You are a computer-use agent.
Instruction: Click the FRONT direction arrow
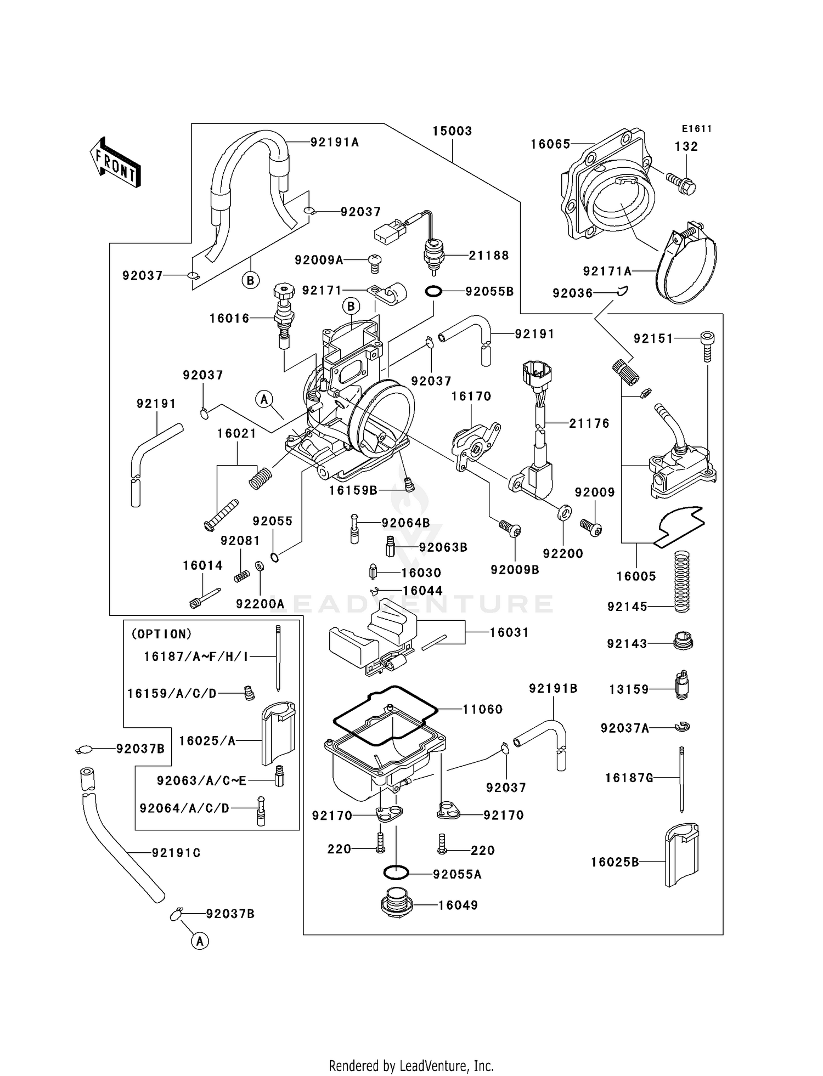point(115,163)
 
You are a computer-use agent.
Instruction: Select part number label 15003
point(452,131)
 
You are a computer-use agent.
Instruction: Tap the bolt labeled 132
point(681,183)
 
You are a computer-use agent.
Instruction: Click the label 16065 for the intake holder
point(550,144)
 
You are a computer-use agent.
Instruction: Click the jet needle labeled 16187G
point(681,779)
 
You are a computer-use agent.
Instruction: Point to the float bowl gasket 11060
point(386,715)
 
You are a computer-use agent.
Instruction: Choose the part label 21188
point(489,255)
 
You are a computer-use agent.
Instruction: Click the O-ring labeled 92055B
point(433,292)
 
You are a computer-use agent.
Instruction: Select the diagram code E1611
point(697,129)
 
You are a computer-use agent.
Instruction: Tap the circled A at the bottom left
point(200,941)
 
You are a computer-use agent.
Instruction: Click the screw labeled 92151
point(708,346)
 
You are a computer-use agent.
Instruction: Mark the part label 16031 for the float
point(509,632)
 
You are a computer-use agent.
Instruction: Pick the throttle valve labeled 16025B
point(681,854)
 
